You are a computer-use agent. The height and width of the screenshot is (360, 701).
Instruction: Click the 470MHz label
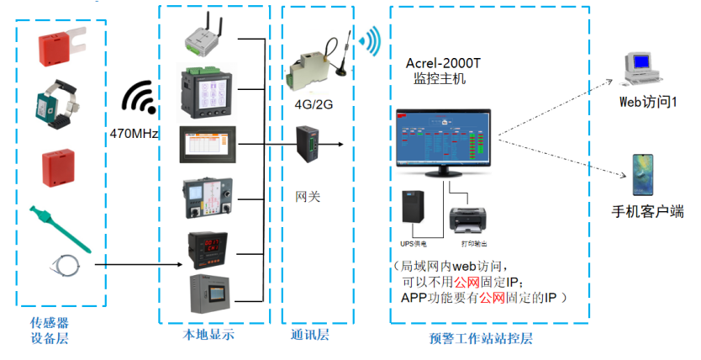click(x=134, y=133)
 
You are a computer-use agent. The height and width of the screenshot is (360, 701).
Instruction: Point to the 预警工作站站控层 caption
click(x=480, y=338)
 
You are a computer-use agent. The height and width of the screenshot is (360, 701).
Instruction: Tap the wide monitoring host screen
click(x=447, y=141)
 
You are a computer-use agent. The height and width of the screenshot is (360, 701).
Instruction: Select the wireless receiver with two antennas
click(x=206, y=34)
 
